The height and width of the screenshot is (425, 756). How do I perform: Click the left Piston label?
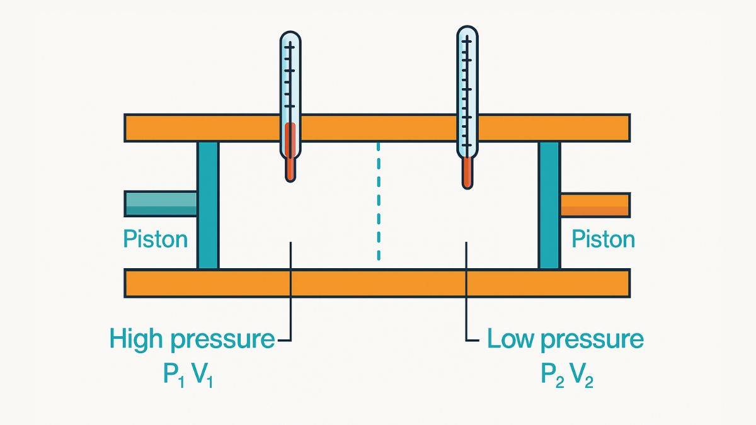pos(155,239)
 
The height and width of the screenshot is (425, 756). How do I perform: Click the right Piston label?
pos(603,239)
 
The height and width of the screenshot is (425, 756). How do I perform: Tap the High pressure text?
pos(192,340)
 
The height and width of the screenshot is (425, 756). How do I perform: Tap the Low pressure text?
pos(565,340)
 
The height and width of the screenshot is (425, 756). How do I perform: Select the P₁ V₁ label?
pos(188,375)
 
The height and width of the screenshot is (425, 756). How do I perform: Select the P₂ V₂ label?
pos(566,375)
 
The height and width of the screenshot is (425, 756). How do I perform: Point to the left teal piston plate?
pos(208,205)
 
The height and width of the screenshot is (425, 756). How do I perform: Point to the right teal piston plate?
pos(549,205)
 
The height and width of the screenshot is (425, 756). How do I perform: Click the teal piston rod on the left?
pos(161,203)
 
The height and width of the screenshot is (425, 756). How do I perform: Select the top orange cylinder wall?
pos(377,128)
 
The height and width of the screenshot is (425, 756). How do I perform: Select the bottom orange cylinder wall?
pos(377,283)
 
